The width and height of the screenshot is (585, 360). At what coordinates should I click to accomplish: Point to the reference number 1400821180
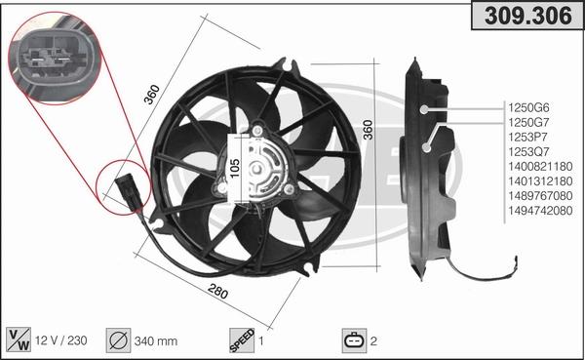click(539, 168)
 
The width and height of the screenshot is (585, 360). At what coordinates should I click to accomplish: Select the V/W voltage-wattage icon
click(19, 340)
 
